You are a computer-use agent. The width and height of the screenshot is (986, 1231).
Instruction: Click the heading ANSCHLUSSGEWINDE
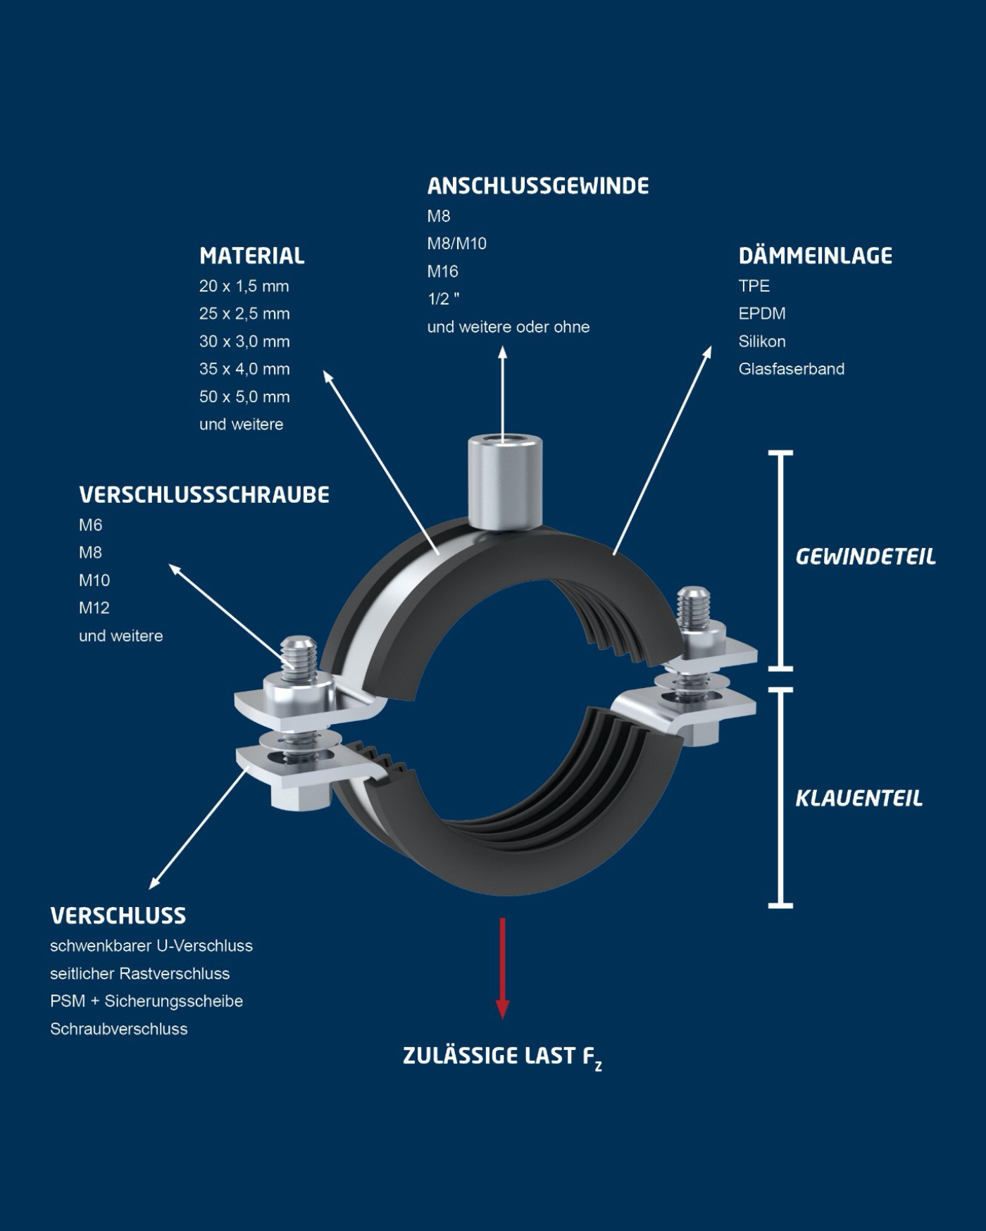(537, 186)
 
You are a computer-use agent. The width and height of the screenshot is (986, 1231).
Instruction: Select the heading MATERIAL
(251, 256)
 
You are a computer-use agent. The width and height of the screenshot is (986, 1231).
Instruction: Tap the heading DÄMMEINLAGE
(815, 256)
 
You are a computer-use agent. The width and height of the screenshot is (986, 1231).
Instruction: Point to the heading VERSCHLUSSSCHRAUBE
(204, 495)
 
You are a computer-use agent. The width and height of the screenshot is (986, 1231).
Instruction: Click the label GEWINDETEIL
(865, 557)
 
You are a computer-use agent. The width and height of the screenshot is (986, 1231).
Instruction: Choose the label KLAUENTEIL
(859, 799)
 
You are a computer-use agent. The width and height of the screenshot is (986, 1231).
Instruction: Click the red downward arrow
(502, 968)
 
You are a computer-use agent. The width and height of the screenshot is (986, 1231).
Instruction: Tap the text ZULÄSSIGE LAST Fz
(501, 1056)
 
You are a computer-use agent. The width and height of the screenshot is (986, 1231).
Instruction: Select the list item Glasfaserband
(791, 369)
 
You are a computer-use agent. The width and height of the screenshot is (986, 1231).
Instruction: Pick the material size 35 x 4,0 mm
(244, 369)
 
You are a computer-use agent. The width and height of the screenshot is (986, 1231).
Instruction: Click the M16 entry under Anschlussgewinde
(442, 271)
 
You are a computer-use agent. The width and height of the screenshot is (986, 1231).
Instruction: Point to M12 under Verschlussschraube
(94, 608)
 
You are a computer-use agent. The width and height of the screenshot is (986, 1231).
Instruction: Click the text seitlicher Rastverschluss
(139, 973)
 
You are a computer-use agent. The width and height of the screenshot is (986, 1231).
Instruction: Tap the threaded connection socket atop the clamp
(502, 480)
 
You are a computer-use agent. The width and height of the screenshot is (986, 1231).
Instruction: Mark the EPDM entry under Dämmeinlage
(761, 313)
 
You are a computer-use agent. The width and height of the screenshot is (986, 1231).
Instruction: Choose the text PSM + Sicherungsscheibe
(146, 1001)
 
